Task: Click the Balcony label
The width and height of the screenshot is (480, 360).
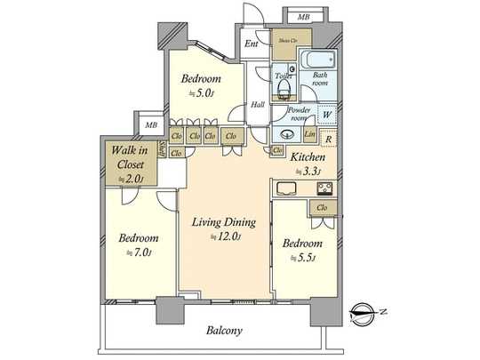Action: click(226, 331)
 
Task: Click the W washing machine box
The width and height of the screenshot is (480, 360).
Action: click(327, 114)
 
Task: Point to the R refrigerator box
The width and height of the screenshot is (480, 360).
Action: click(329, 138)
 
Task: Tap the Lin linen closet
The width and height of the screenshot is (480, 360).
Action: click(310, 134)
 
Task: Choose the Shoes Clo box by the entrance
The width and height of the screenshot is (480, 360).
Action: click(286, 41)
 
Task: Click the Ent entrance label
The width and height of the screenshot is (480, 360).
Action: click(252, 43)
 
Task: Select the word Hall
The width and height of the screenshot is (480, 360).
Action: click(258, 105)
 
